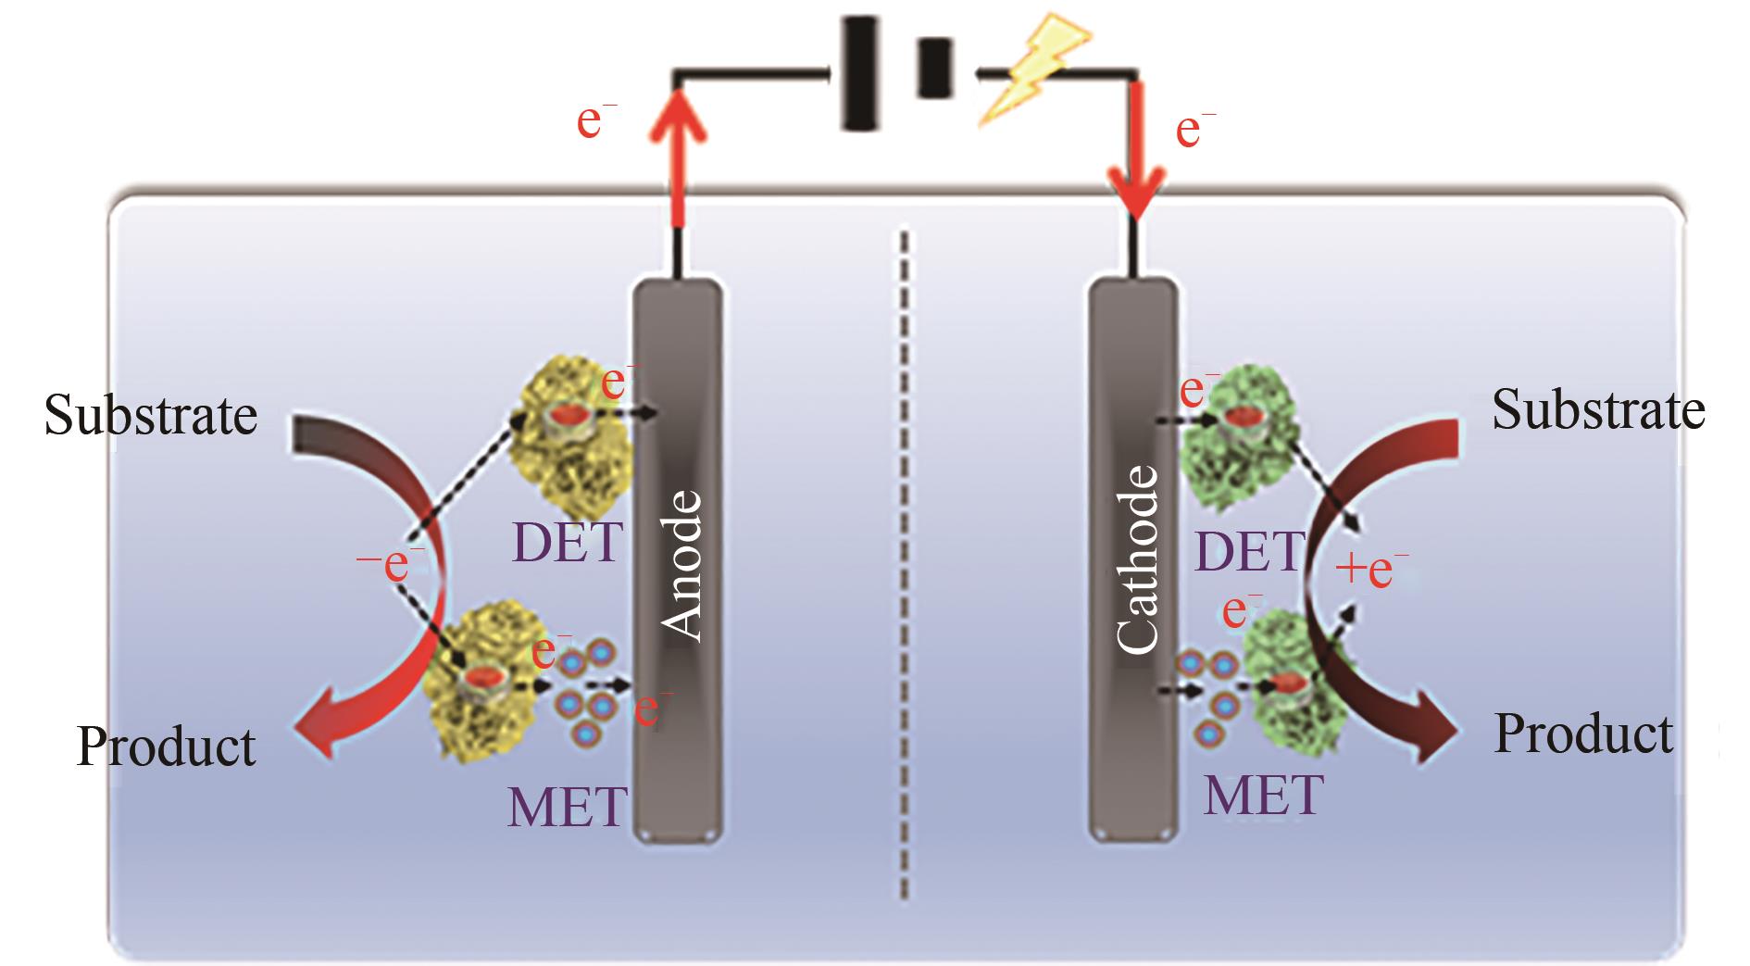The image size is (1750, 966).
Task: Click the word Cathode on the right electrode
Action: [x=1136, y=559]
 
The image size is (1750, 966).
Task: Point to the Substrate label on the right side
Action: [x=1597, y=409]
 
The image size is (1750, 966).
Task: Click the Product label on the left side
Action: [x=166, y=746]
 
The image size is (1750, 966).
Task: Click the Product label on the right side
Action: [x=1583, y=734]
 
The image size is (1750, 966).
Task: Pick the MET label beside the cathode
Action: [x=1263, y=795]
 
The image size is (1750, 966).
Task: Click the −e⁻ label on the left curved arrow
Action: [x=391, y=563]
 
